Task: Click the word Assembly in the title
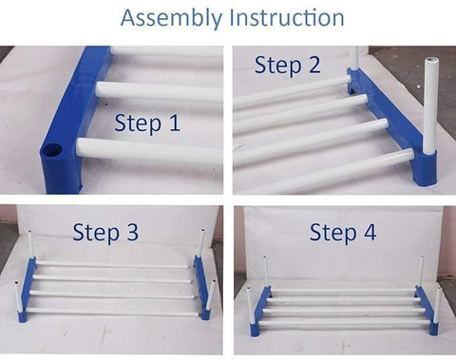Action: pyautogui.click(x=171, y=18)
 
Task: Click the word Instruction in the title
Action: pyautogui.click(x=287, y=17)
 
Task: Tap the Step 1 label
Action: pyautogui.click(x=147, y=123)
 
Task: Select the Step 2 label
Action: pyautogui.click(x=287, y=66)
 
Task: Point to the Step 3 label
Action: pyautogui.click(x=105, y=232)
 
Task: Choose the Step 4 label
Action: pyautogui.click(x=343, y=232)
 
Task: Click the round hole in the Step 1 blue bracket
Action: pyautogui.click(x=53, y=149)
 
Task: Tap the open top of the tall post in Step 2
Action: pyautogui.click(x=431, y=60)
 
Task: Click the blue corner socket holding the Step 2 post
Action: pyautogui.click(x=425, y=168)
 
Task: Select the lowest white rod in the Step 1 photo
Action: pyautogui.click(x=149, y=151)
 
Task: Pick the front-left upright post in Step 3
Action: pyautogui.click(x=18, y=297)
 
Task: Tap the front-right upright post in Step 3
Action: pyautogui.click(x=212, y=295)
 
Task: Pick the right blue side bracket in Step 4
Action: pyautogui.click(x=427, y=310)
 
